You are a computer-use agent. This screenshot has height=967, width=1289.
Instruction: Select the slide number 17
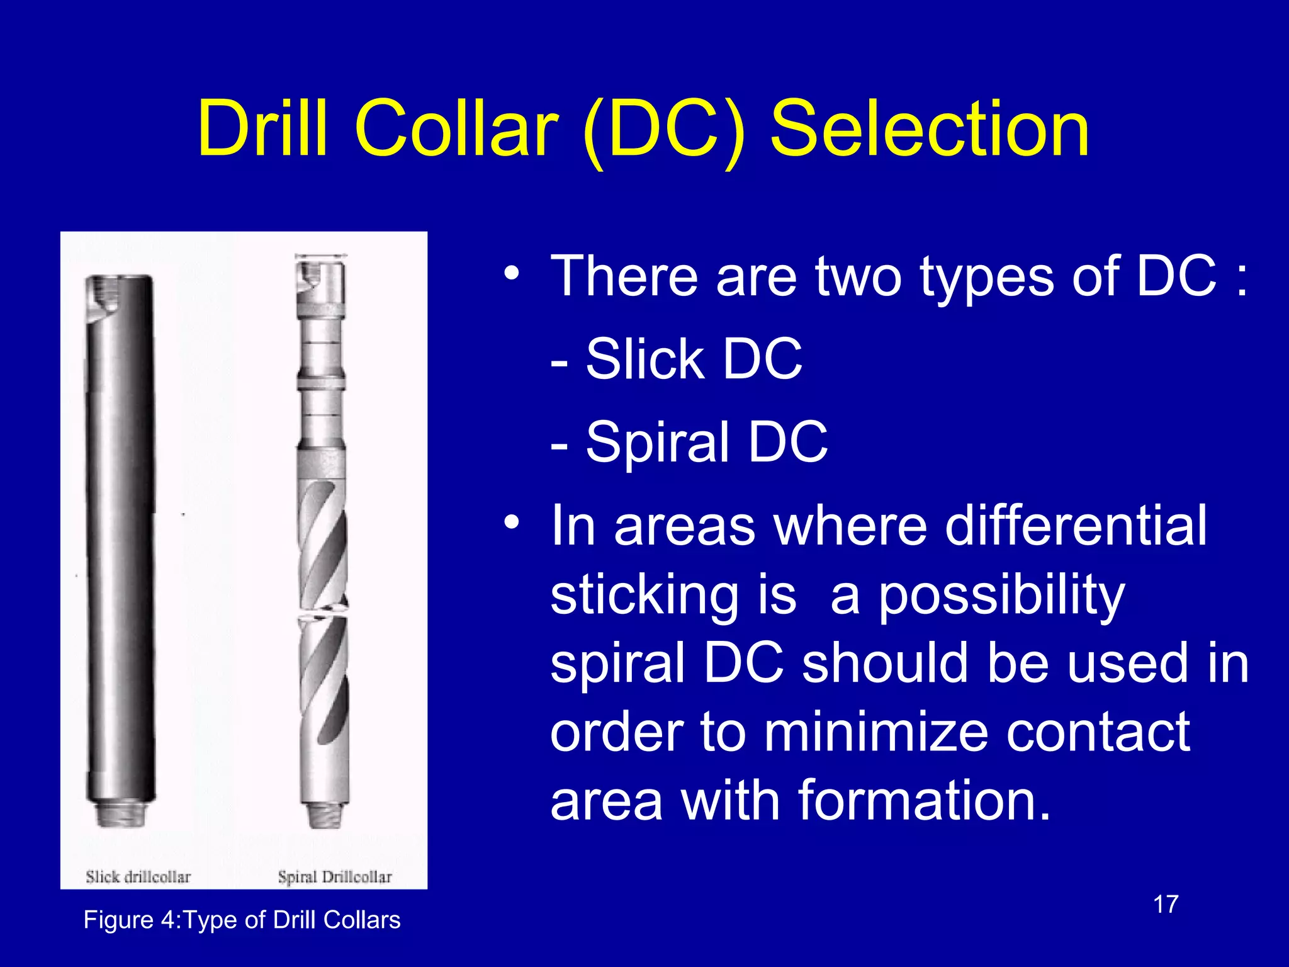click(x=1166, y=905)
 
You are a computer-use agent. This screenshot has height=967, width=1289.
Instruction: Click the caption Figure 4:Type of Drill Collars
click(x=242, y=920)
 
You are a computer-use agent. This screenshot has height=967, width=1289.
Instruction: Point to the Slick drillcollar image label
click(x=138, y=876)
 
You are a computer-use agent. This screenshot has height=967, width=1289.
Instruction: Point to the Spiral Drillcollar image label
click(x=335, y=876)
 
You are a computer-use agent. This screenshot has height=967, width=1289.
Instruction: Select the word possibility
click(x=1001, y=595)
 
